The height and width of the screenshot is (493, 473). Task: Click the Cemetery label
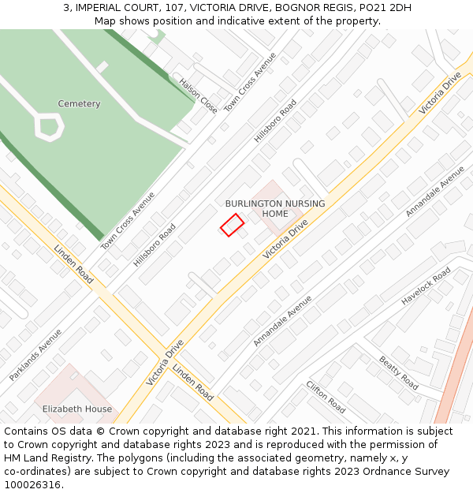(79, 104)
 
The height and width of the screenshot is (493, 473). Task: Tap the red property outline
(232, 225)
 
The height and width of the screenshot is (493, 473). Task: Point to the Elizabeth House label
(77, 409)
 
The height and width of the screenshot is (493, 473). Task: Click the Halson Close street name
(198, 95)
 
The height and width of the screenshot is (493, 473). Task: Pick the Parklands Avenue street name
(35, 355)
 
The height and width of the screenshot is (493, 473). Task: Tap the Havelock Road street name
(426, 286)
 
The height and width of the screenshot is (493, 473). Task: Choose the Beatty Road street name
(399, 372)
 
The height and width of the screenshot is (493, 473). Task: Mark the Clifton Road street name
(326, 397)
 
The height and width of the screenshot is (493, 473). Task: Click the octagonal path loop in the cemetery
(49, 126)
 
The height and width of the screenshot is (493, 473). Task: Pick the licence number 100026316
(32, 485)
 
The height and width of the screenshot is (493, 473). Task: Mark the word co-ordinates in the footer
(36, 472)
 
